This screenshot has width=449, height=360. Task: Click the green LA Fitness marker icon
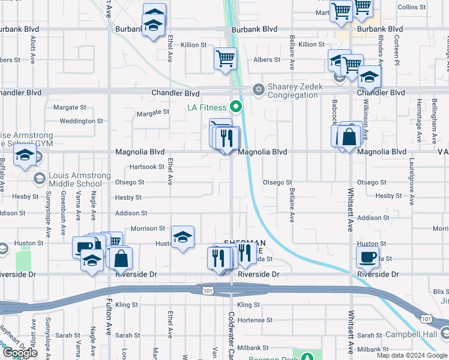(x=236, y=108)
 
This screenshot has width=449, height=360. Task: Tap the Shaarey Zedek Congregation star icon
(x=259, y=89)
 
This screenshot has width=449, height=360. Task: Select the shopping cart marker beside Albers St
(x=226, y=59)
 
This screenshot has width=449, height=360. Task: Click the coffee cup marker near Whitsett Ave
(x=367, y=257)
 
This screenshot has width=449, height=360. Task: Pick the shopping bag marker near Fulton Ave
(x=121, y=258)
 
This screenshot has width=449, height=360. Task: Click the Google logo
(x=20, y=353)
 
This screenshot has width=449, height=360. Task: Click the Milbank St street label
(x=252, y=348)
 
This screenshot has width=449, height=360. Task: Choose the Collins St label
(x=411, y=7)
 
